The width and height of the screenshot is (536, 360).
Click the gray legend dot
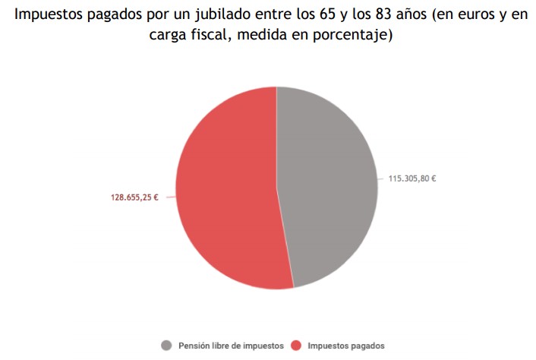click(166, 346)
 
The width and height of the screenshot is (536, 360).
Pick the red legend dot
click(296, 346)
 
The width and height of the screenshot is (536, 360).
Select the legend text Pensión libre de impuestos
click(231, 346)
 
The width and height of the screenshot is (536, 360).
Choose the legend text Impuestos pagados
click(345, 346)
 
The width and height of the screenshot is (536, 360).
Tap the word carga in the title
click(166, 36)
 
